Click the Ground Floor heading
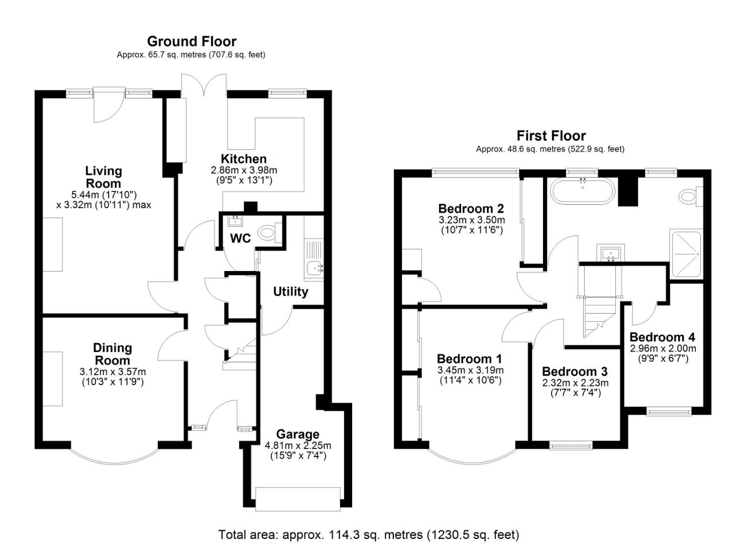tap(191, 41)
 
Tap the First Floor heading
tap(551, 136)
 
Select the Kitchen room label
tap(244, 159)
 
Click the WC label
tap(240, 238)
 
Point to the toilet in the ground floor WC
tap(267, 233)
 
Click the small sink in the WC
tap(235, 221)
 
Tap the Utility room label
tap(290, 292)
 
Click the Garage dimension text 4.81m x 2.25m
tap(298, 445)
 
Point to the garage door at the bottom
tap(298, 499)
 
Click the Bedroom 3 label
tap(575, 372)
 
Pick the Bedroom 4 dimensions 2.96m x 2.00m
tap(663, 348)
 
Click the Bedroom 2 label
tap(471, 208)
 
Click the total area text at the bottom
tap(369, 534)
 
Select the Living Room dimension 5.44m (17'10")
tap(104, 194)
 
